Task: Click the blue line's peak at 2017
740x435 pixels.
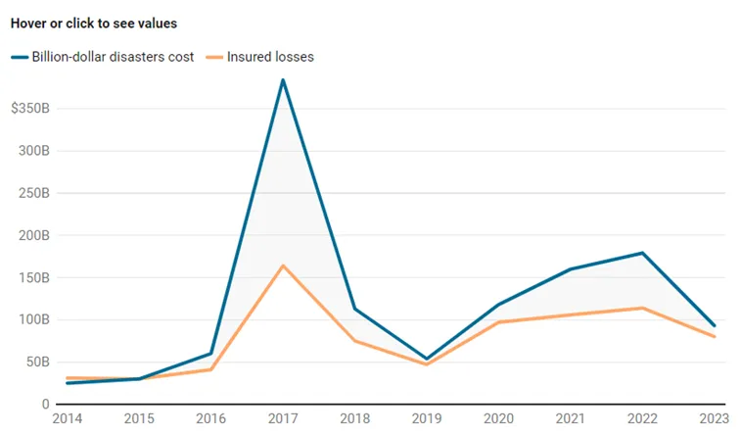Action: pyautogui.click(x=283, y=79)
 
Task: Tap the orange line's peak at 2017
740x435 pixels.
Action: pyautogui.click(x=283, y=266)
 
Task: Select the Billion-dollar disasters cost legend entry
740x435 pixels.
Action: pyautogui.click(x=103, y=57)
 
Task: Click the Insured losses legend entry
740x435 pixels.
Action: pyautogui.click(x=260, y=57)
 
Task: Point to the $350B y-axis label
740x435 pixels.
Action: pyautogui.click(x=30, y=108)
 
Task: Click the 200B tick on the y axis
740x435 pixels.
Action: pyautogui.click(x=34, y=235)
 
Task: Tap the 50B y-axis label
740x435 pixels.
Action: pyautogui.click(x=38, y=362)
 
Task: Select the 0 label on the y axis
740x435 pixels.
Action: pyautogui.click(x=45, y=405)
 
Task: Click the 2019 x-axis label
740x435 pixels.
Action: pyautogui.click(x=427, y=418)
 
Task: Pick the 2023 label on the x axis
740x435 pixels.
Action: pyautogui.click(x=714, y=418)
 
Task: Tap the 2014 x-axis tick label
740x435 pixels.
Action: pyautogui.click(x=67, y=418)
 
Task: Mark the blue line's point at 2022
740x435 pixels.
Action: pyautogui.click(x=642, y=253)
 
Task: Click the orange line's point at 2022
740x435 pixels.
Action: pyautogui.click(x=642, y=308)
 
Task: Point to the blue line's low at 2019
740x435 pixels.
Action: pyautogui.click(x=427, y=359)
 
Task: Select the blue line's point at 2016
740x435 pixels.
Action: pyautogui.click(x=211, y=354)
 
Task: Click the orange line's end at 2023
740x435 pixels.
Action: pyautogui.click(x=714, y=337)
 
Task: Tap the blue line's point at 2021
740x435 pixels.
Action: pyautogui.click(x=571, y=269)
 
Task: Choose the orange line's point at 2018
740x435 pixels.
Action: pyautogui.click(x=355, y=341)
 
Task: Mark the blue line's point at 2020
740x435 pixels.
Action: pyautogui.click(x=499, y=304)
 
